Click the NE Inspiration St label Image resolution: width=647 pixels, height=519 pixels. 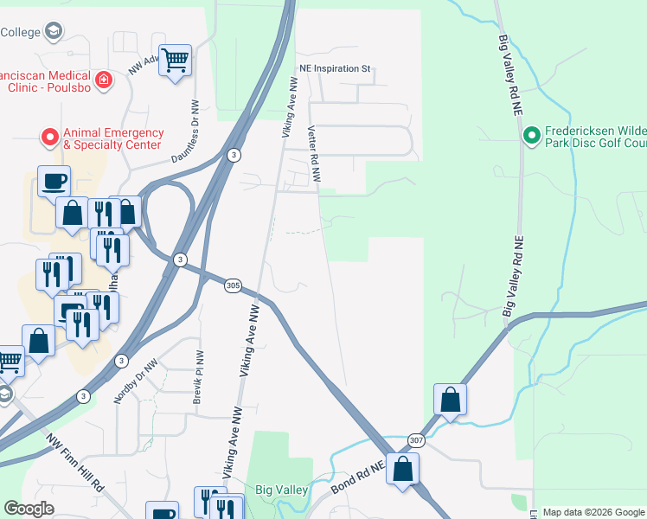click(335, 67)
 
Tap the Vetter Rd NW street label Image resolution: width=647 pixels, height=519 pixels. click(314, 154)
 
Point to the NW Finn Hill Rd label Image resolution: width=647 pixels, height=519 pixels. click(77, 464)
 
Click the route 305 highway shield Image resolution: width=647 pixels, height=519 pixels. click(233, 286)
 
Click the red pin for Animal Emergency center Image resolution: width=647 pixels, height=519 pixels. click(50, 137)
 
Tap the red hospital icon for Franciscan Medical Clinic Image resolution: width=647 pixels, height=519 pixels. click(104, 80)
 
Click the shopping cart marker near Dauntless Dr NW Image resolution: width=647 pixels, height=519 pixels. click(175, 61)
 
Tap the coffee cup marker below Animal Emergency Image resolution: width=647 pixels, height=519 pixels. click(54, 181)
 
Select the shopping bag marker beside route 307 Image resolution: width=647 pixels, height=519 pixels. click(450, 400)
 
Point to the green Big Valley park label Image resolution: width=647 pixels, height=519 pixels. click(282, 490)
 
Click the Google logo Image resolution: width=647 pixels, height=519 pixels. click(29, 509)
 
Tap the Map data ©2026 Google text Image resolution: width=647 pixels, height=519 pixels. click(593, 512)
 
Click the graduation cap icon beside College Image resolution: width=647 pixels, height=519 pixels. click(54, 31)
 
